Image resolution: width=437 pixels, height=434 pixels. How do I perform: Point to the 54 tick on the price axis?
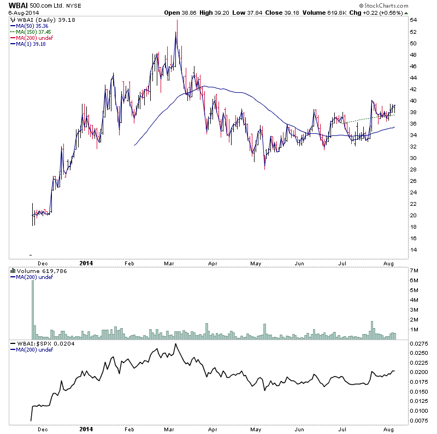pyautogui.click(x=414, y=20)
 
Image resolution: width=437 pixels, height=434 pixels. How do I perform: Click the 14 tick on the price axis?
pyautogui.click(x=414, y=249)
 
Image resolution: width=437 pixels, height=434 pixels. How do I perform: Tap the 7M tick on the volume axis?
pyautogui.click(x=415, y=271)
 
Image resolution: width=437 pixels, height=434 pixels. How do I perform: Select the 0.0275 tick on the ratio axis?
pyautogui.click(x=419, y=343)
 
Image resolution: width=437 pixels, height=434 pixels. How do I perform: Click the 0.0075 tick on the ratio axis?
pyautogui.click(x=419, y=420)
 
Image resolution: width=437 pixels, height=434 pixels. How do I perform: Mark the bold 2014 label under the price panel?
pyautogui.click(x=87, y=263)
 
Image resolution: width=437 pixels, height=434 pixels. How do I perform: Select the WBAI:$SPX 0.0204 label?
pyautogui.click(x=42, y=343)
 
